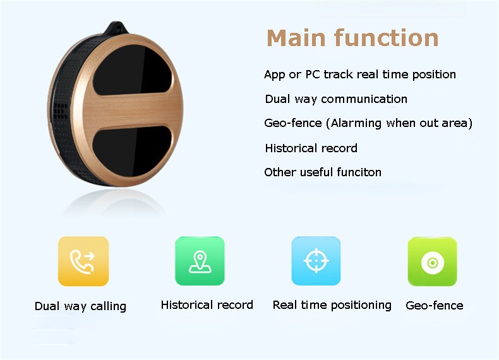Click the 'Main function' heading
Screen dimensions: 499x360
[352, 38]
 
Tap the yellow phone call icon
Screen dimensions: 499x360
[83, 261]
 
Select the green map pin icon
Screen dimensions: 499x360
[200, 261]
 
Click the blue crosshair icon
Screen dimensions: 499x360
[316, 261]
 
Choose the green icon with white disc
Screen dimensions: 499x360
[433, 261]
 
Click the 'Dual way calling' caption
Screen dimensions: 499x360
[80, 306]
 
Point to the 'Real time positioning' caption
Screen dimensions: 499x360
[332, 305]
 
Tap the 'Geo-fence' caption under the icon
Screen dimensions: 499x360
[435, 306]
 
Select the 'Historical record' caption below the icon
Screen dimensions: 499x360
[207, 305]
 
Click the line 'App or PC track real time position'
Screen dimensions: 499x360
[360, 75]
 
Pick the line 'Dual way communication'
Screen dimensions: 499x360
[336, 99]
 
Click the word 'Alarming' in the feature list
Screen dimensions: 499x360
[356, 123]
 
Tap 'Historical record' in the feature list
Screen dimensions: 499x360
[311, 148]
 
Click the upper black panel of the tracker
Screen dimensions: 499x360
[132, 70]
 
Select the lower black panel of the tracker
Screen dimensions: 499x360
[132, 150]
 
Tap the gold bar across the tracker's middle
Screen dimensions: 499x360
[131, 111]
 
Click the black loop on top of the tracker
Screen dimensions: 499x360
[115, 28]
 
